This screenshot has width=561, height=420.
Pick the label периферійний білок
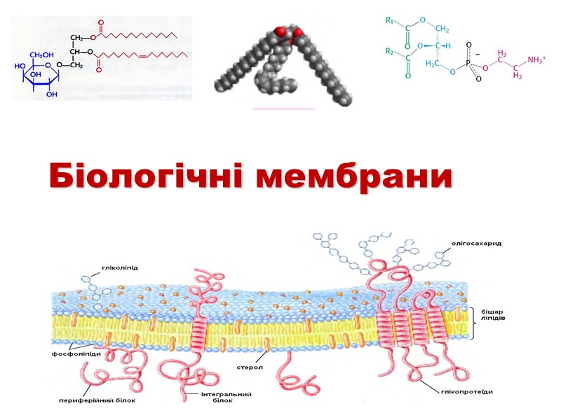click(x=97, y=401)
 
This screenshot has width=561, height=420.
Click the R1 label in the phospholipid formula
click(x=390, y=21)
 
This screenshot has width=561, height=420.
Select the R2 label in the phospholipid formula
click(x=390, y=52)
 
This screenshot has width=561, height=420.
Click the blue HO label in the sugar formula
click(x=20, y=66)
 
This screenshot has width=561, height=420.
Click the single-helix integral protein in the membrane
click(x=198, y=332)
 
